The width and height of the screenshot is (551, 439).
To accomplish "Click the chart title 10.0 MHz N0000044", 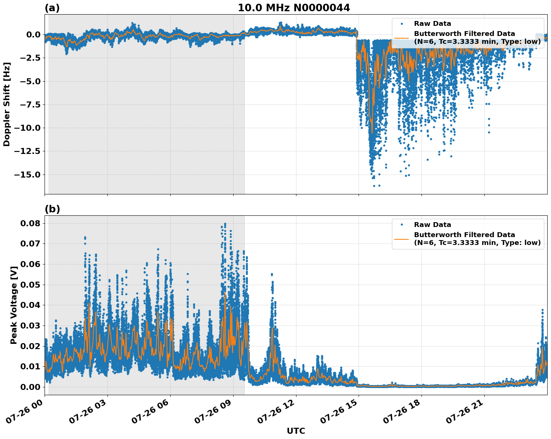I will click(x=294, y=8).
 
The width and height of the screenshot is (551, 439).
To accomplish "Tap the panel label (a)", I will click(x=52, y=8).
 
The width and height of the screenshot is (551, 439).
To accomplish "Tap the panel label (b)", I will click(x=52, y=209).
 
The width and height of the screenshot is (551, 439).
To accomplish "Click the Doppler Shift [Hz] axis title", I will click(x=7, y=104).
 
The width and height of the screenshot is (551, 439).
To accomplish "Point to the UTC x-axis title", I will click(x=296, y=431).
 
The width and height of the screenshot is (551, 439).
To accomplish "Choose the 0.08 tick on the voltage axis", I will click(x=31, y=223).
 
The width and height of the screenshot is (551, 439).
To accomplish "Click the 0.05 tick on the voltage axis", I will click(x=31, y=285).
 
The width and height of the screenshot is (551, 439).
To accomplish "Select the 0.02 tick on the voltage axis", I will click(x=31, y=346).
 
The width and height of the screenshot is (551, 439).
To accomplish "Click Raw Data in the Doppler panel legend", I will click(x=432, y=24).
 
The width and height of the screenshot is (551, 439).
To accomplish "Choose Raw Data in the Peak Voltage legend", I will click(x=432, y=225).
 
